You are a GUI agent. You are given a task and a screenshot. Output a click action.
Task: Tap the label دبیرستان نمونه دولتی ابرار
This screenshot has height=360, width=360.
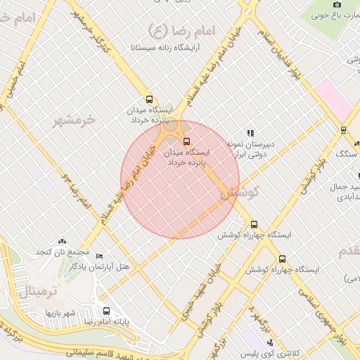(x=250, y=149)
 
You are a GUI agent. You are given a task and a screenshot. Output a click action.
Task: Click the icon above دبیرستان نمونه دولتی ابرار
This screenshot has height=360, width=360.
(x=250, y=132)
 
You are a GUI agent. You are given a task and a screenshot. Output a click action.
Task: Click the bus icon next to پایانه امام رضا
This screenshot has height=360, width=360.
(x=107, y=311)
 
